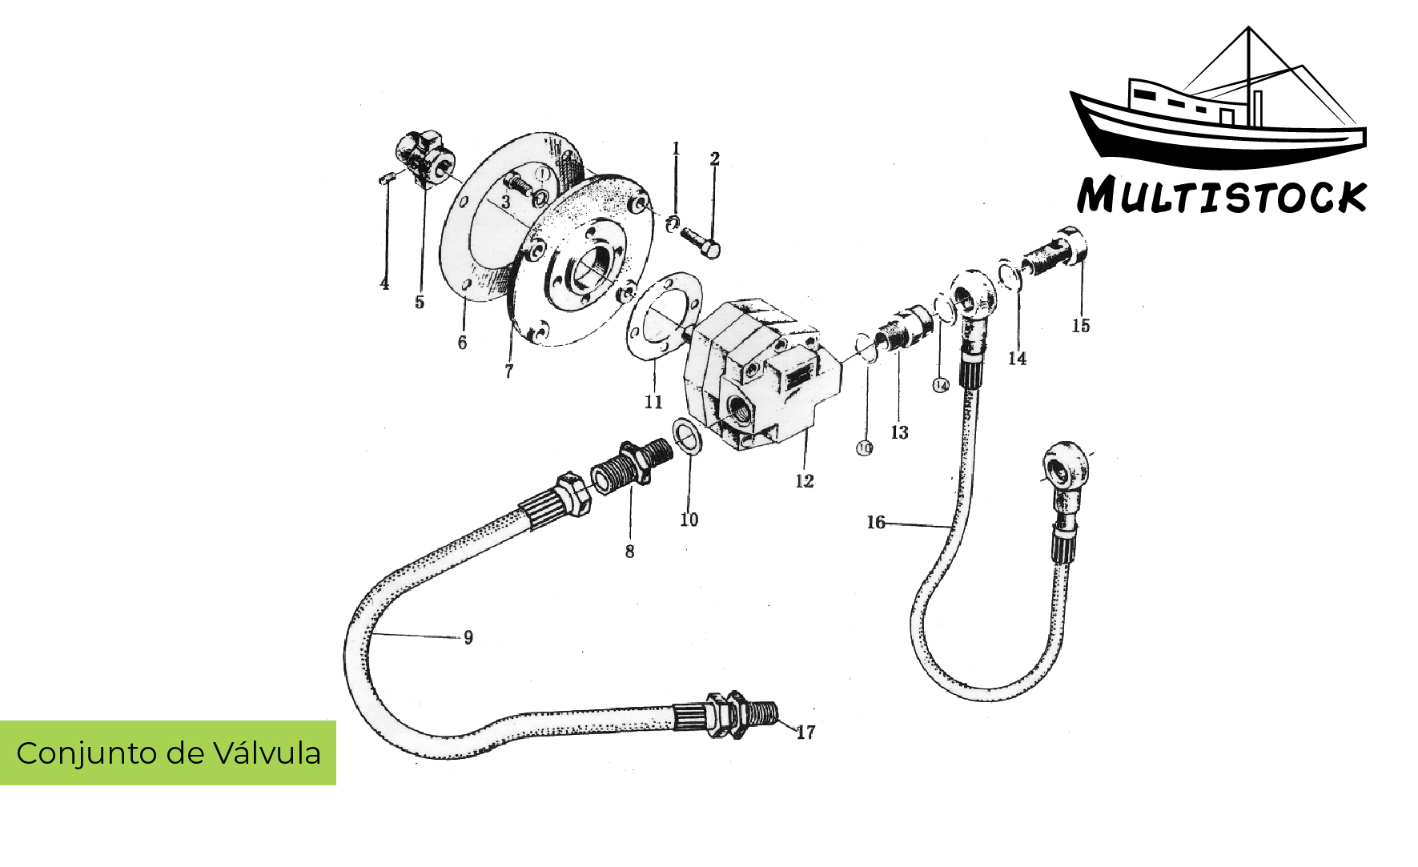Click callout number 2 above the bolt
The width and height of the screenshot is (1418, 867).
tap(714, 160)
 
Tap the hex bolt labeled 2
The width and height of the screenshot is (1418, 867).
tap(700, 240)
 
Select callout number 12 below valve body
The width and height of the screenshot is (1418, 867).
tap(804, 481)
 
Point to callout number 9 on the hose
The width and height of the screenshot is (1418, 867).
tap(468, 638)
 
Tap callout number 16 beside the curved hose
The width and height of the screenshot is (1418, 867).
tap(876, 523)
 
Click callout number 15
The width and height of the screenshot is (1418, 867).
tap(1081, 326)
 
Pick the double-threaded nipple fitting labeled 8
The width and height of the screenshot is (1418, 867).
tap(633, 466)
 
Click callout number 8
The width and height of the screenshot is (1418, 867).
tap(629, 552)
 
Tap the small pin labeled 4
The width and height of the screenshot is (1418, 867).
tap(384, 179)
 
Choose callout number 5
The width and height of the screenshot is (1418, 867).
tap(420, 303)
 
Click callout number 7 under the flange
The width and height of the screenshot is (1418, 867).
tap(508, 371)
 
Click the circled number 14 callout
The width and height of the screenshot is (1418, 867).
tap(941, 386)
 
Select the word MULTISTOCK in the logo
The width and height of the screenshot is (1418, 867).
tap(1220, 196)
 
